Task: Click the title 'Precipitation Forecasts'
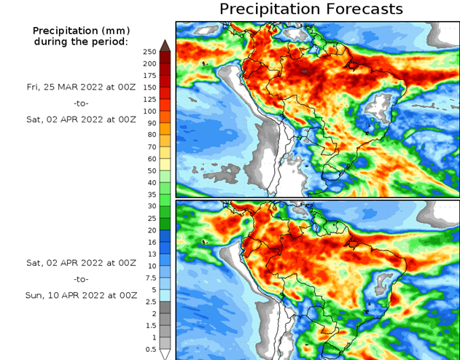311,9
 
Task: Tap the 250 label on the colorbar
150,51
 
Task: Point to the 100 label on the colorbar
150,111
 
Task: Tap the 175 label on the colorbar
150,75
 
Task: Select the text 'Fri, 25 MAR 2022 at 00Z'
80,86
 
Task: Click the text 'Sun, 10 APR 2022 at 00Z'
80,295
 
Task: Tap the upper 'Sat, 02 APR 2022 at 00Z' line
80,118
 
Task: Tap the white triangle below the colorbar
165,354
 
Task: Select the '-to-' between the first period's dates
80,102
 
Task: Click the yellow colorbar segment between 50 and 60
165,164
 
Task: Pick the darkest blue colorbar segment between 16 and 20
165,235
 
